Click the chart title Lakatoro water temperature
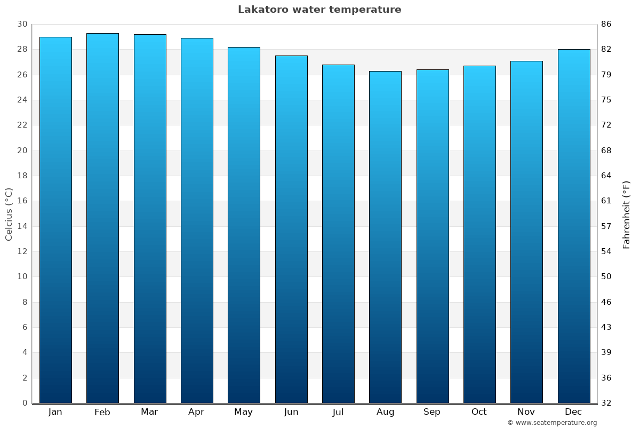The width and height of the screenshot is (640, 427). [x=319, y=10]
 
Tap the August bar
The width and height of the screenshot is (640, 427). [x=385, y=237]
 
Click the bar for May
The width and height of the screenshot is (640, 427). [x=244, y=225]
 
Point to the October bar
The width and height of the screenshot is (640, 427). [x=479, y=234]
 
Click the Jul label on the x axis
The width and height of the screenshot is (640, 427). [x=338, y=412]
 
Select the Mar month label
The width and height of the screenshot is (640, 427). [x=149, y=412]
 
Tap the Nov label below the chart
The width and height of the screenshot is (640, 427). [x=526, y=412]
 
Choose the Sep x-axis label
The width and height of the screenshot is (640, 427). [x=432, y=412]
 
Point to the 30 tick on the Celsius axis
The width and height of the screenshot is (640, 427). [x=22, y=24]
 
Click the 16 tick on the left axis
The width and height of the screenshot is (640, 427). [x=22, y=201]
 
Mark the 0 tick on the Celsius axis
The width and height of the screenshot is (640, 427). [x=25, y=403]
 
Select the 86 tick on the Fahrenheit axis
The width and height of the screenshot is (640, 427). [x=606, y=24]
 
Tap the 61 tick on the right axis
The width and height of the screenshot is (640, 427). [x=606, y=201]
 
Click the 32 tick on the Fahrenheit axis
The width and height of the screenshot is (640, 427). [x=606, y=403]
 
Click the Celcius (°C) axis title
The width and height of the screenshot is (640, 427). [x=9, y=213]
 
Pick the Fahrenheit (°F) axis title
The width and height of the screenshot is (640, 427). [x=627, y=214]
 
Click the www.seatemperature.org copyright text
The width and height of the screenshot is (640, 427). [x=552, y=423]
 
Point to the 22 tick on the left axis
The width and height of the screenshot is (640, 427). [x=22, y=125]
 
